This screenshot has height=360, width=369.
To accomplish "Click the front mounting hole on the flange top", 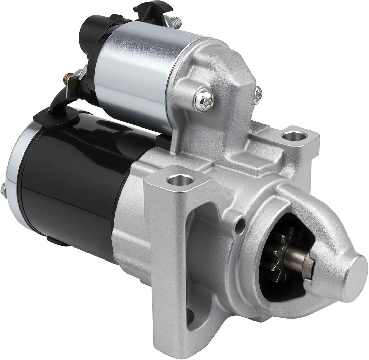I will [180, 179].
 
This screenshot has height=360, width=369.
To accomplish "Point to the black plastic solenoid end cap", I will [92, 34].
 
